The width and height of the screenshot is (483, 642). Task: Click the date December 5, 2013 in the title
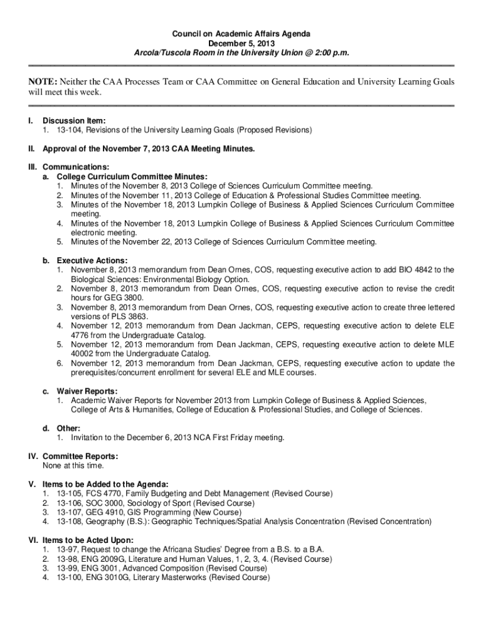click(242, 44)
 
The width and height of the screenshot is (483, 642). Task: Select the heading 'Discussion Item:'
click(74, 120)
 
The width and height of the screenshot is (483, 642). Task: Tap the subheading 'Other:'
click(68, 428)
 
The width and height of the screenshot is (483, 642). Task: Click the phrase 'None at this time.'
click(73, 466)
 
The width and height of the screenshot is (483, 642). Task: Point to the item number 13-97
click(67, 549)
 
